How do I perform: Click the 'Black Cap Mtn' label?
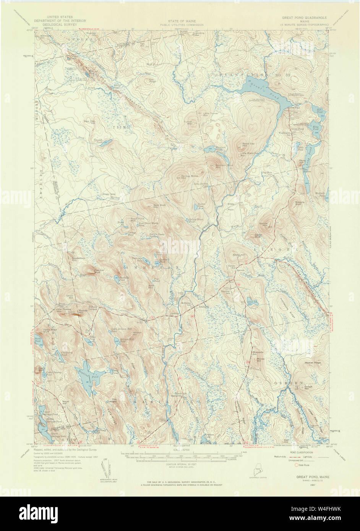[248, 145]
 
